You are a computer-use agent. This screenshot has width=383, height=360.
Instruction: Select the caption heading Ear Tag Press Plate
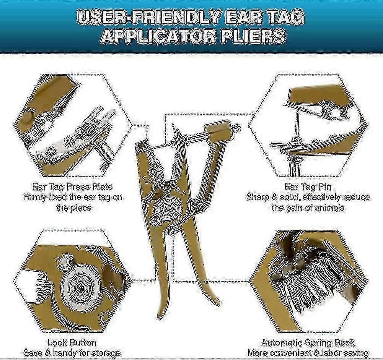[73, 187]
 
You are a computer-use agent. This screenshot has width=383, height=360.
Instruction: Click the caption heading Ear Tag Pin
[308, 187]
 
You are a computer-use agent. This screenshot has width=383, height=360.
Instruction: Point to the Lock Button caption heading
[72, 342]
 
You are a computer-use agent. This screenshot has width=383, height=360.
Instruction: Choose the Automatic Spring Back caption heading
[308, 342]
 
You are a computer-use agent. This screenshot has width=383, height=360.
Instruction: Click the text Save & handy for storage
[72, 353]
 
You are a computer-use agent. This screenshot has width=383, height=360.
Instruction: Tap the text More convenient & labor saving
[308, 353]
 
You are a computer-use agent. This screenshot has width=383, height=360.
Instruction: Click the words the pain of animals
[308, 208]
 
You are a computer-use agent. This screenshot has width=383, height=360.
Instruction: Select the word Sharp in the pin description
[258, 198]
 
